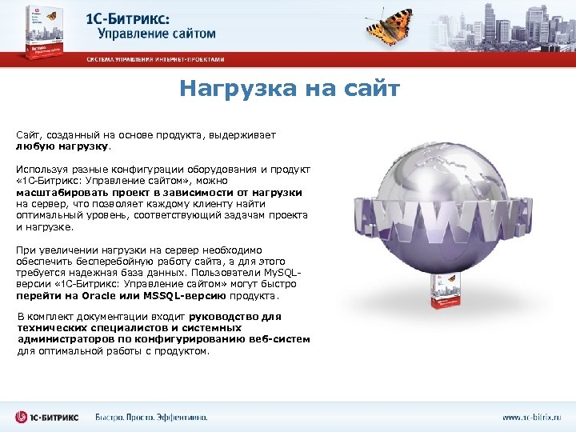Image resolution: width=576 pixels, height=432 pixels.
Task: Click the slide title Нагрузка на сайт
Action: pos(289,89)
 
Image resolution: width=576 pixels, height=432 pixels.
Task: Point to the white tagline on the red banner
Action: pos(156,60)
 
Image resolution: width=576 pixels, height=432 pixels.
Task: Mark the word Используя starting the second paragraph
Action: pos(40,170)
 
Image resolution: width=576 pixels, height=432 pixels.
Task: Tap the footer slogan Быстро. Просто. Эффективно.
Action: pos(151,417)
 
